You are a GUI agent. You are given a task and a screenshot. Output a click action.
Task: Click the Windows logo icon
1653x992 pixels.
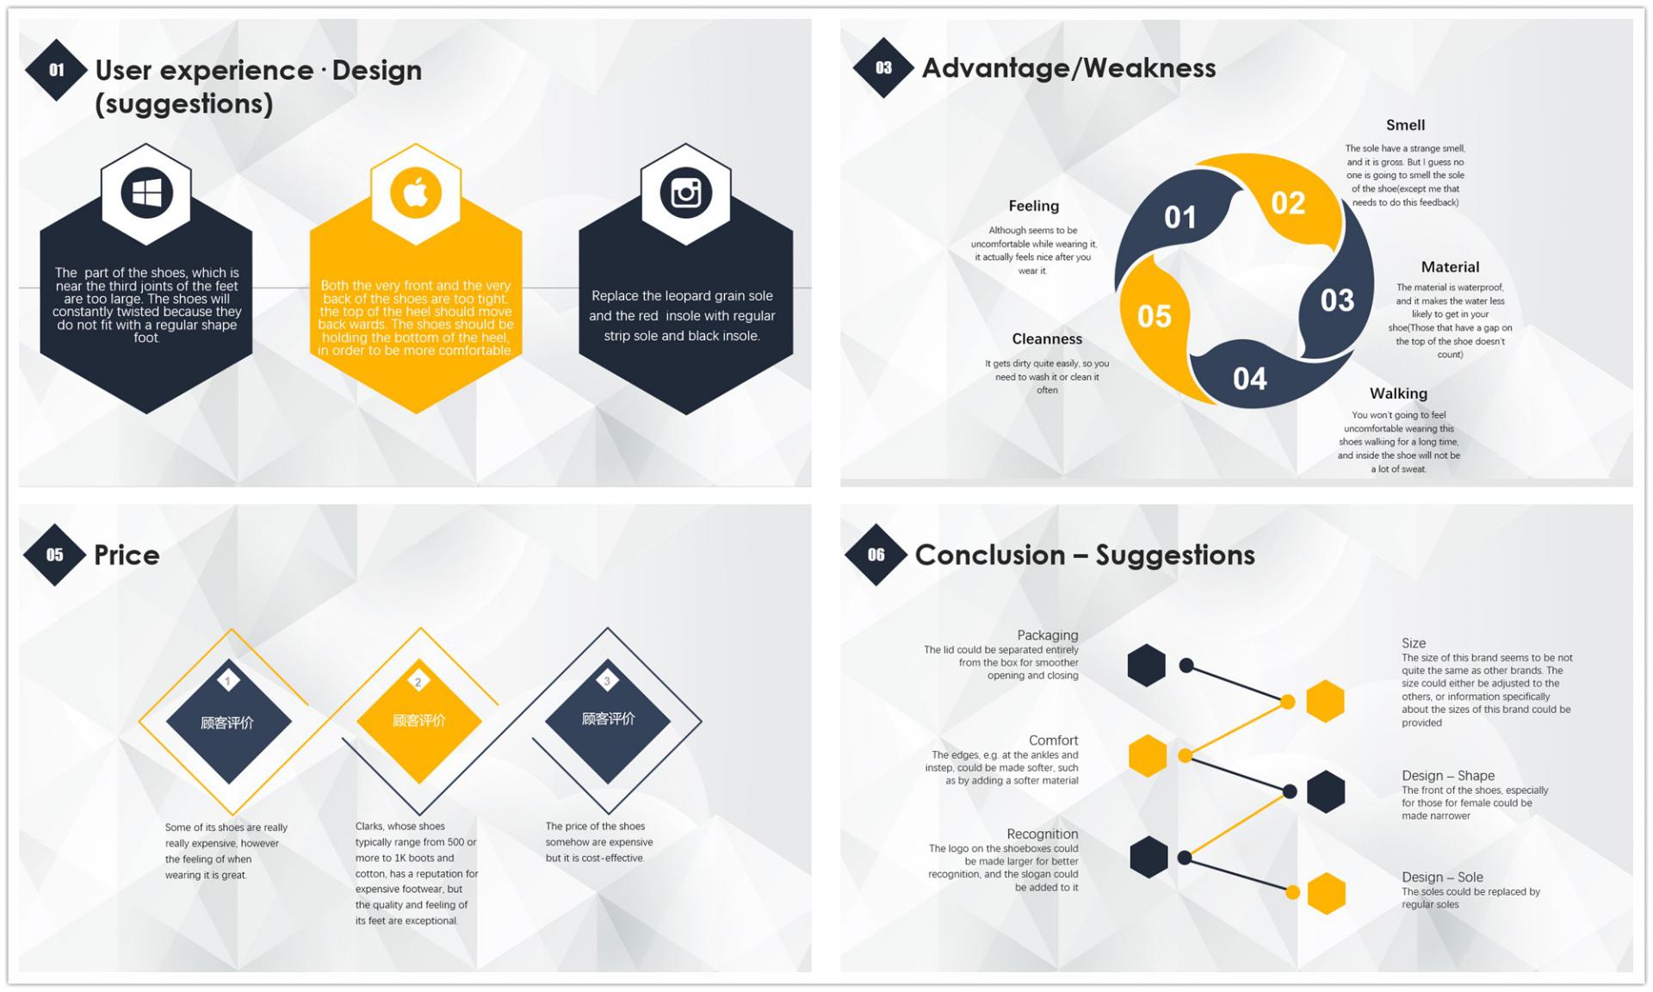(x=146, y=193)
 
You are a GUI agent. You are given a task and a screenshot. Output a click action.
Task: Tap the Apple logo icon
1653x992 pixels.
(x=416, y=193)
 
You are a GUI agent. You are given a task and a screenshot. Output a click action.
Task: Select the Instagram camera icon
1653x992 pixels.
(x=685, y=193)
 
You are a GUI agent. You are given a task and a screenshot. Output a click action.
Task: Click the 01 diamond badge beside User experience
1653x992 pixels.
(x=56, y=70)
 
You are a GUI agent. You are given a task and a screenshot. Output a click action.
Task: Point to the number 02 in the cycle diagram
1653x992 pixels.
(x=1288, y=203)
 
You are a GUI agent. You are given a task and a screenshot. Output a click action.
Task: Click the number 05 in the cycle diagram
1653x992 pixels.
(x=1154, y=316)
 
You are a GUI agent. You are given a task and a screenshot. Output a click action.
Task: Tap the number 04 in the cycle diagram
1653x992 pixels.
(x=1249, y=379)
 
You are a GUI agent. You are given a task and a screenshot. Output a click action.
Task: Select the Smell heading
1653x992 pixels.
(x=1405, y=125)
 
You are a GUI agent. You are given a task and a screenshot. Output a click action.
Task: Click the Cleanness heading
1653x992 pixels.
(x=1047, y=338)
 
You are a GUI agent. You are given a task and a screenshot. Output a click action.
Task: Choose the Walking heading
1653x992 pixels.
(x=1398, y=394)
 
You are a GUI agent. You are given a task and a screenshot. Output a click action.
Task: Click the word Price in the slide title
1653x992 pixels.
(x=127, y=555)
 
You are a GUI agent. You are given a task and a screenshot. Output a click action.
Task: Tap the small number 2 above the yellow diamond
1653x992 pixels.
(x=418, y=682)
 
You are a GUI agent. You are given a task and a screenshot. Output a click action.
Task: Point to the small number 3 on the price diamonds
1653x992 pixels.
(x=607, y=681)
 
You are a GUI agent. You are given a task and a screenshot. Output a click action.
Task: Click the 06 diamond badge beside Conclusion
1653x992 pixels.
(x=876, y=555)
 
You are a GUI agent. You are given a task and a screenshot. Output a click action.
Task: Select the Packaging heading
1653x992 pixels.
(x=1048, y=635)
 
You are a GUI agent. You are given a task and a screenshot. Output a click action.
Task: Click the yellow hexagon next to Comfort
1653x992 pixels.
(x=1148, y=756)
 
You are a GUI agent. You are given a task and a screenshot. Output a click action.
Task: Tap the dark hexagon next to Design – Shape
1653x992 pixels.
(x=1326, y=791)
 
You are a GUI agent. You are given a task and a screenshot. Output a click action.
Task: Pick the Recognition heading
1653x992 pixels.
(x=1043, y=834)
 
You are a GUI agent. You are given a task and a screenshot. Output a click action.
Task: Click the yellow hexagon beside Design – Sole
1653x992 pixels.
(x=1327, y=893)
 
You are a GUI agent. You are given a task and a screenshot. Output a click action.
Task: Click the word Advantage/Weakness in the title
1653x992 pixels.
(x=1068, y=68)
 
